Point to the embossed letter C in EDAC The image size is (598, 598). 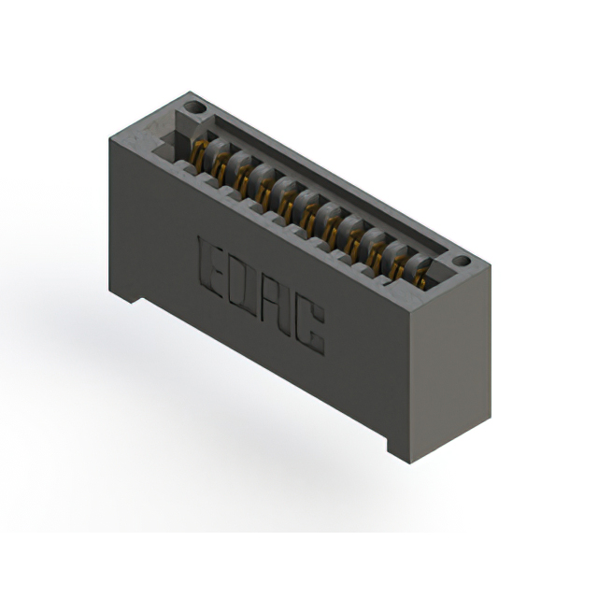(x=309, y=327)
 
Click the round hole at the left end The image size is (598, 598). (x=194, y=107)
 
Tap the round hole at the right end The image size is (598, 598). (x=462, y=262)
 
